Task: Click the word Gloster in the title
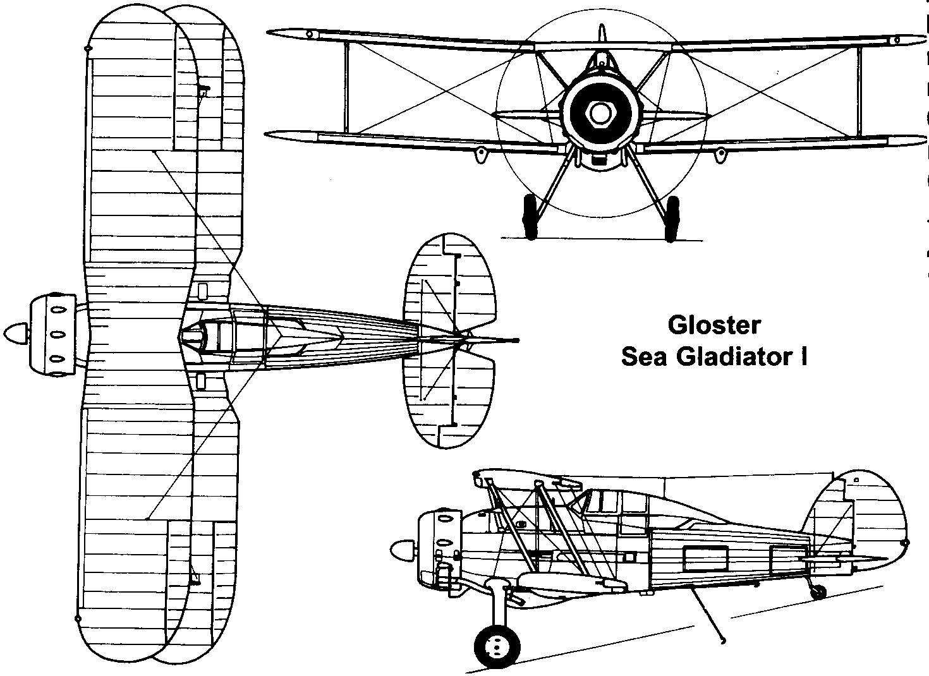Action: pyautogui.click(x=714, y=326)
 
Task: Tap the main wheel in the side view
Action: pyautogui.click(x=496, y=646)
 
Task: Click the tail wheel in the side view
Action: pyautogui.click(x=818, y=592)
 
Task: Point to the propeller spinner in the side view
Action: pyautogui.click(x=401, y=550)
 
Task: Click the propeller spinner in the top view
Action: pyautogui.click(x=16, y=332)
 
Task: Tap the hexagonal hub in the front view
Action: pyautogui.click(x=597, y=112)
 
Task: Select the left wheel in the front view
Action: pyautogui.click(x=530, y=216)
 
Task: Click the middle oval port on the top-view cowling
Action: pyautogui.click(x=58, y=333)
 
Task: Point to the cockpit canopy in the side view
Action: pyautogui.click(x=600, y=500)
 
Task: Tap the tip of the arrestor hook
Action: pyautogui.click(x=723, y=640)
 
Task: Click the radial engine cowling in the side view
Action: pyautogui.click(x=439, y=543)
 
